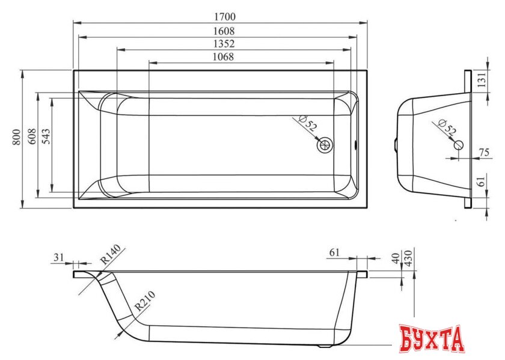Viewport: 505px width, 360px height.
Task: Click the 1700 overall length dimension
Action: coord(225,16)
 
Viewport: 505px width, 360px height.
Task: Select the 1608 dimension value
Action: coord(224,31)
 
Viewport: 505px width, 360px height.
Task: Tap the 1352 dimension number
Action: coord(224,44)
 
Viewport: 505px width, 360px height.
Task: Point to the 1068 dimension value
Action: coord(223,56)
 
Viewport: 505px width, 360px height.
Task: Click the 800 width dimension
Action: coord(16,137)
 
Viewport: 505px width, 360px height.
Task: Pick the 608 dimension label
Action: coord(32,136)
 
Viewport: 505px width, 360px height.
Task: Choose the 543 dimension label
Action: coord(46,136)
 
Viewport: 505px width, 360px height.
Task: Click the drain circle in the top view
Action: coord(325,145)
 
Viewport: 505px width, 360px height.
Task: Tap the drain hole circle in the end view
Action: coord(459,145)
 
